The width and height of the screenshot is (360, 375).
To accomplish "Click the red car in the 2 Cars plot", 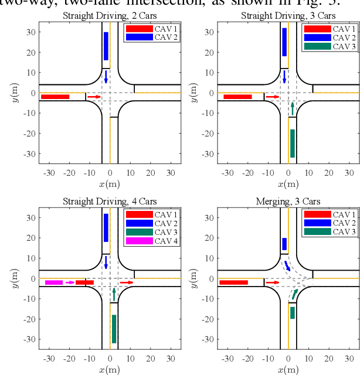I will click(55, 97).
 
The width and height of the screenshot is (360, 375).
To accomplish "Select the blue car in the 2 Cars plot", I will click(106, 46).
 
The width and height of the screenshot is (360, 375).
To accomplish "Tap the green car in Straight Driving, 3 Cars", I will click(292, 143).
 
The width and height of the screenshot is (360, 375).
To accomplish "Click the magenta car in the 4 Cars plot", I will click(54, 282).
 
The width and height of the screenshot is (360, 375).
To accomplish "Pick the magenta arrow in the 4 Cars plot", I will click(70, 282).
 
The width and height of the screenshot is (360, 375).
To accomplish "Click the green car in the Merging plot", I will click(292, 312).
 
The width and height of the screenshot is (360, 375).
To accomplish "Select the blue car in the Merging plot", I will click(284, 244).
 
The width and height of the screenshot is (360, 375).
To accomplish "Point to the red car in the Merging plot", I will click(233, 282).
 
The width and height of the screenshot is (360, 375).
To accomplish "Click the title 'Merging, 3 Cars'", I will click(288, 202).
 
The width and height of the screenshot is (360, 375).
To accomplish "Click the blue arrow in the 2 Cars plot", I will click(106, 77).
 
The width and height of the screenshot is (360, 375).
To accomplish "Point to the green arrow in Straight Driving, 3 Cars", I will click(292, 108).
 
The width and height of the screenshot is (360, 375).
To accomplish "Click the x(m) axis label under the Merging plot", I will click(288, 369).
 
